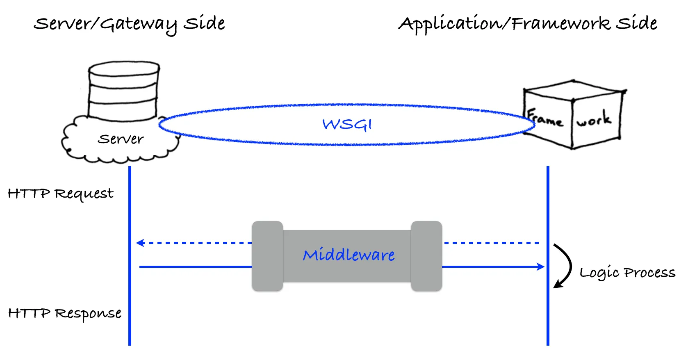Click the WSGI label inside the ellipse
pos(347,124)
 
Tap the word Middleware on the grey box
pos(349,255)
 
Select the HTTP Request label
pos(60,194)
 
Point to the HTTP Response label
pos(64,314)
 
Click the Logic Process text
pos(627,273)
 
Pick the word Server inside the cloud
pos(121,139)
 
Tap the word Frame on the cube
pos(544,118)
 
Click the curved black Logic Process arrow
pos(566,266)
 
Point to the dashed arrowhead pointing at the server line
pos(140,243)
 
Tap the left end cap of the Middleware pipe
pos(267,256)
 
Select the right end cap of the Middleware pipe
pos(426,256)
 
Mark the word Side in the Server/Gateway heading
pos(204,23)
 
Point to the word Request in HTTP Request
pos(84,194)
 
